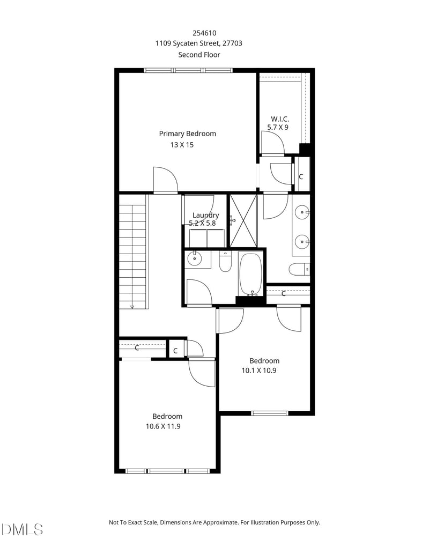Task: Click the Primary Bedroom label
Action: coord(187,134)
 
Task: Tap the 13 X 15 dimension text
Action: coord(182,145)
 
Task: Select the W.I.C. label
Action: coord(280,119)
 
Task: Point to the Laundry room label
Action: coord(205,215)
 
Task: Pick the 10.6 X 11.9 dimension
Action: coord(166,426)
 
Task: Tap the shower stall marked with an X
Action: coord(243,220)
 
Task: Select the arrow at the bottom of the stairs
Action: coord(132,306)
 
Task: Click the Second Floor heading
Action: coord(199,55)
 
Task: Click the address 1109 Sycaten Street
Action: coord(193,43)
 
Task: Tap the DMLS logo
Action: coord(22,529)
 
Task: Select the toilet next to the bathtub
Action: coord(225,262)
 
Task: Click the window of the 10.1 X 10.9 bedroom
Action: coord(270,413)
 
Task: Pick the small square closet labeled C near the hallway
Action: coord(175,351)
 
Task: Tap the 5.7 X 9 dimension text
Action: coord(278,128)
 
